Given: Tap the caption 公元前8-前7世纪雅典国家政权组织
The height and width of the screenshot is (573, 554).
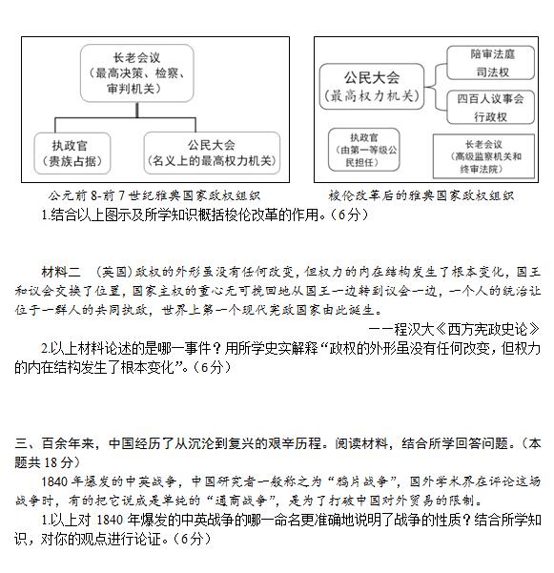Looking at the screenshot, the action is click(x=154, y=195).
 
